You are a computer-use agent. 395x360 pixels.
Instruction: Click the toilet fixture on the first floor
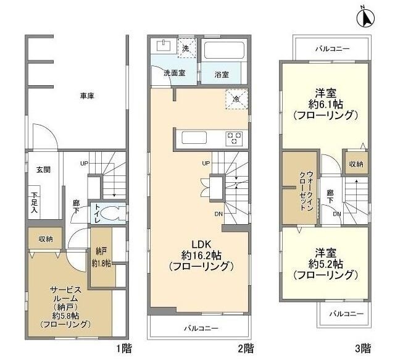click(x=110, y=213)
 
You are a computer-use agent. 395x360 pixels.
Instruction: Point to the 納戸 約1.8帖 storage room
click(x=102, y=257)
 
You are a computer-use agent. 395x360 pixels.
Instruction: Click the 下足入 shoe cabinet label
click(x=34, y=203)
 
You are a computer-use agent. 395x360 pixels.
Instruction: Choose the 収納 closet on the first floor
click(x=45, y=238)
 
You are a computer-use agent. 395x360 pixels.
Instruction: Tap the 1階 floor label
click(x=123, y=348)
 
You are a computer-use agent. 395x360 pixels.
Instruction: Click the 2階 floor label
click(x=246, y=348)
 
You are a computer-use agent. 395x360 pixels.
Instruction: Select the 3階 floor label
click(x=363, y=348)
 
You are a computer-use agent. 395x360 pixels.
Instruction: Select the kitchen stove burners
click(x=235, y=137)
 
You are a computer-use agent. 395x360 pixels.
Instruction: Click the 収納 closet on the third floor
click(x=355, y=164)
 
